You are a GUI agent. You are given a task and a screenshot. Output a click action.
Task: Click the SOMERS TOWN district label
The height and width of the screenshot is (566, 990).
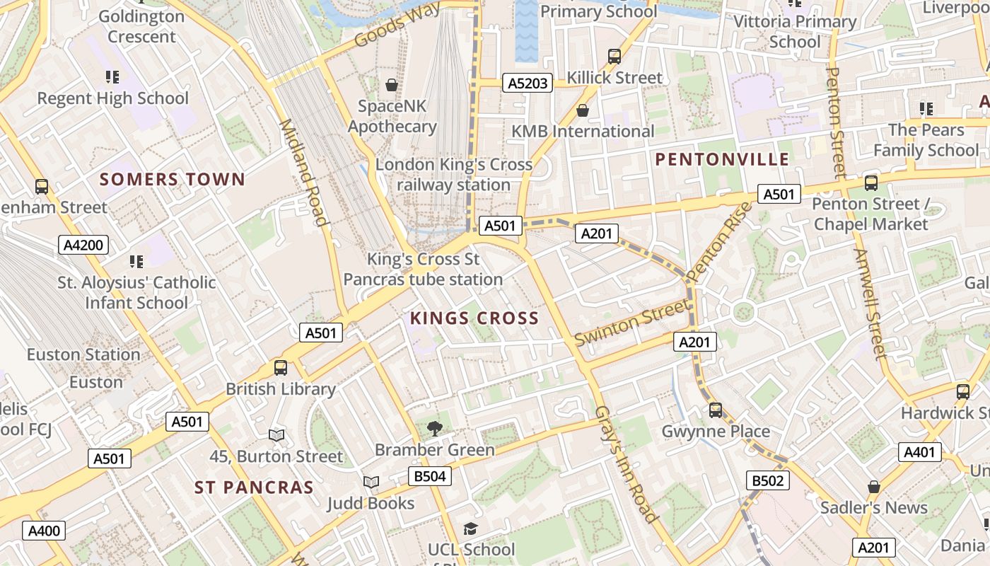click(172, 179)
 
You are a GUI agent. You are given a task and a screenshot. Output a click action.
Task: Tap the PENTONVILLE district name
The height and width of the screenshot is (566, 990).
click(721, 159)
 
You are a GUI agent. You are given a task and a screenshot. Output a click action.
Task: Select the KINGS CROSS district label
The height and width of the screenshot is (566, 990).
click(474, 318)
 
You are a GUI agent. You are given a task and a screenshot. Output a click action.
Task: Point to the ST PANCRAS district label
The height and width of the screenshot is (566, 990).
click(254, 487)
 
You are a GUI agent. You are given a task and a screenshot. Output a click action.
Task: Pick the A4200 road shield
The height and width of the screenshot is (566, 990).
click(83, 246)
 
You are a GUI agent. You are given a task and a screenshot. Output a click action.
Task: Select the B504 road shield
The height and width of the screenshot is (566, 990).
click(429, 476)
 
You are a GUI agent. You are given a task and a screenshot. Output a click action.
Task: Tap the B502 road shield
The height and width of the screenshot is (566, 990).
click(767, 481)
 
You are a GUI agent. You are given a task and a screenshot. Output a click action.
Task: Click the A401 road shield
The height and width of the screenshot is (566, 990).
click(919, 452)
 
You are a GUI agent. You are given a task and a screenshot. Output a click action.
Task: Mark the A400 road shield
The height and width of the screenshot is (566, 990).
click(44, 531)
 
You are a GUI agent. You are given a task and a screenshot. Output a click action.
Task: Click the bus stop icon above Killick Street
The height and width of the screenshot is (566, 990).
click(615, 57)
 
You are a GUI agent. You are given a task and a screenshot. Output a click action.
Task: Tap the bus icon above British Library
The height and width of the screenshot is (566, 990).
click(281, 368)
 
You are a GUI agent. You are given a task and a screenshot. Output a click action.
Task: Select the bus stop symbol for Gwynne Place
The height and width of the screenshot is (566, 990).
click(716, 410)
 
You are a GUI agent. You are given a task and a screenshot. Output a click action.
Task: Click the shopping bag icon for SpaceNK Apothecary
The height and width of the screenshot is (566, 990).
click(391, 86)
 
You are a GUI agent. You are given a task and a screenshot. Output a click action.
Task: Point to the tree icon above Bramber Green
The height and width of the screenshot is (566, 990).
click(434, 428)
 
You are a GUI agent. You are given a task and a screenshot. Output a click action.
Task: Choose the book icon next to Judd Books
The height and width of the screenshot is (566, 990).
click(371, 483)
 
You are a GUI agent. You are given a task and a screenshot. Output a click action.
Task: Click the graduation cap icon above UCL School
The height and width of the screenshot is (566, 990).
click(471, 529)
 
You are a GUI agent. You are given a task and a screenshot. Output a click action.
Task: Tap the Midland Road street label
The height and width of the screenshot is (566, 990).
click(304, 173)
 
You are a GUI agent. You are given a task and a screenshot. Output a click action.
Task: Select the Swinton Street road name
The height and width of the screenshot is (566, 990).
click(631, 323)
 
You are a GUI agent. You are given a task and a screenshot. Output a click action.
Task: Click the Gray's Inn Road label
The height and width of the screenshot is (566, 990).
click(627, 464)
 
